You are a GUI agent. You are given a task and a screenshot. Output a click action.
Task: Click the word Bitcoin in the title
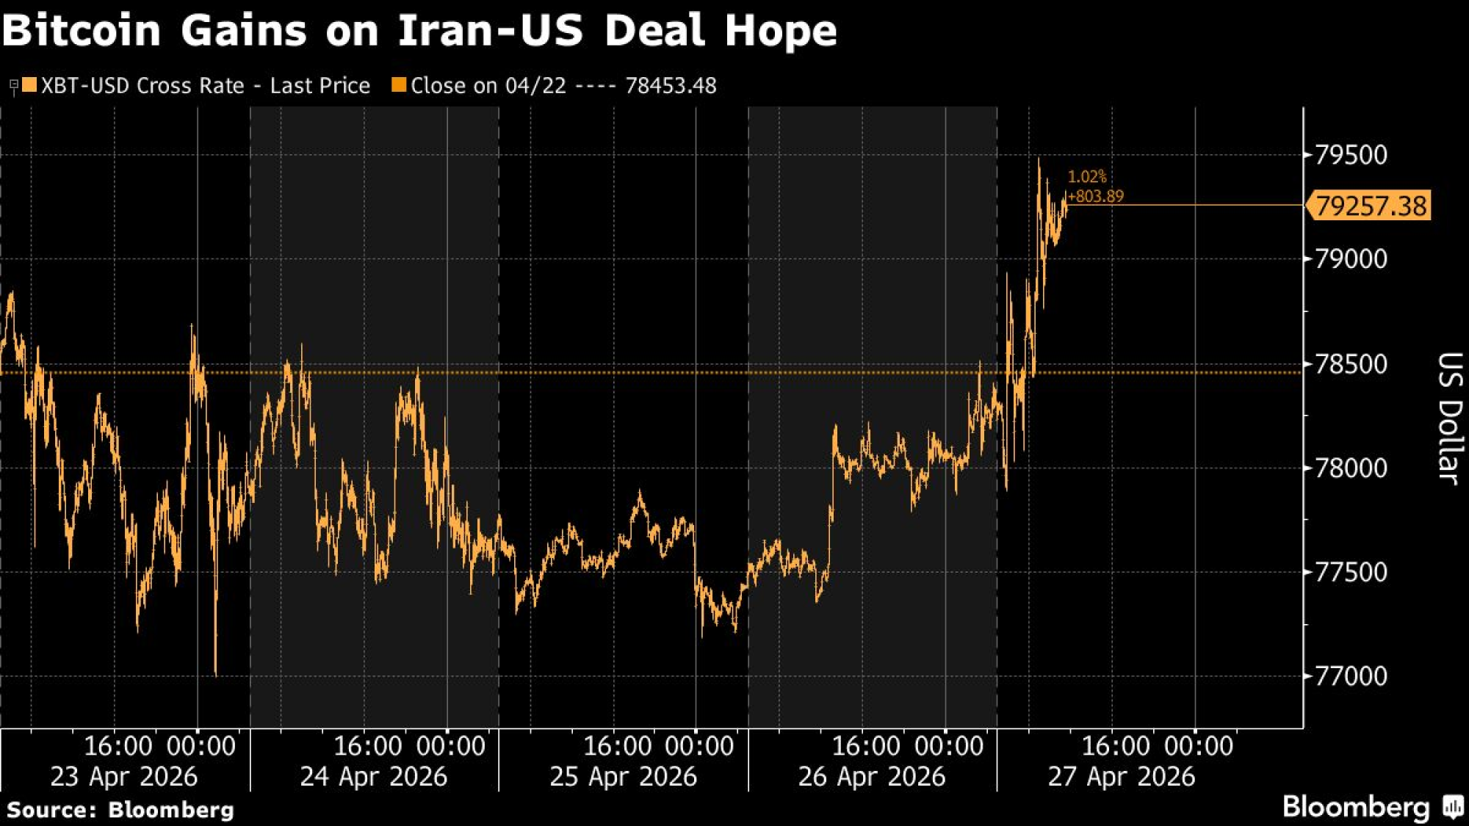[82, 31]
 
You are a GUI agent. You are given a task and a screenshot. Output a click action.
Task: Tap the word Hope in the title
[780, 31]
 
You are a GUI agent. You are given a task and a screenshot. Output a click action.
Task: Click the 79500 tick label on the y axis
[1350, 155]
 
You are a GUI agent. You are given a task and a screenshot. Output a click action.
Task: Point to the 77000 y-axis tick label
[1350, 675]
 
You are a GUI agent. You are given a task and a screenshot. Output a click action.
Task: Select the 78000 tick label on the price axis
[1350, 468]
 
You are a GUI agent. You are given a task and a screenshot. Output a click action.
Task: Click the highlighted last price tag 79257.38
[1371, 206]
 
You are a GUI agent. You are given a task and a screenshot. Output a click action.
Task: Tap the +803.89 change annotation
[1095, 196]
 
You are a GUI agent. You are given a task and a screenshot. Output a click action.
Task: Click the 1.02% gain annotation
[1086, 177]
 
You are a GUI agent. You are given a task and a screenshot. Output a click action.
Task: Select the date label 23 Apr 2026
[123, 776]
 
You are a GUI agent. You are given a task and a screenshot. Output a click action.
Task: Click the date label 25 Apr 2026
[623, 776]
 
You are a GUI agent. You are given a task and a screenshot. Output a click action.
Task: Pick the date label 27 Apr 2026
[1121, 776]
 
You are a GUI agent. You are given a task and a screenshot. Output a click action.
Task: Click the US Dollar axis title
[1448, 418]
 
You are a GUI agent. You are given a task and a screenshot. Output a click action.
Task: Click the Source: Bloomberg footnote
[120, 810]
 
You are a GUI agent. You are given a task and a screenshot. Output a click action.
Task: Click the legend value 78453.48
[671, 86]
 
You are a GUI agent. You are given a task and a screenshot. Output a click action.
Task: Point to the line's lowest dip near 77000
[215, 673]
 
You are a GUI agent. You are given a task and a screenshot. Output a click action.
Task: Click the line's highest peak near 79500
[1039, 160]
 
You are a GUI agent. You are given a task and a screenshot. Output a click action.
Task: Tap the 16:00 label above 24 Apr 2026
[367, 746]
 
